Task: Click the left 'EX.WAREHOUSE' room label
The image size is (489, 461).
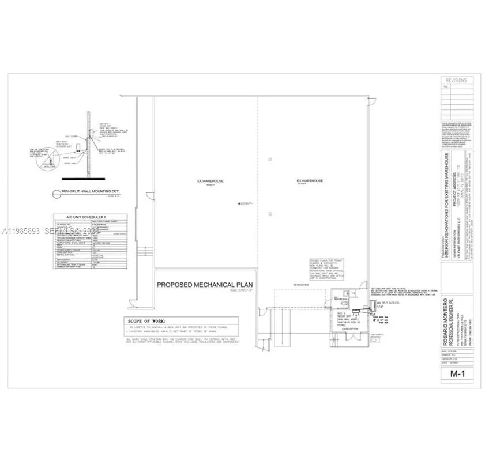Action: click(210, 181)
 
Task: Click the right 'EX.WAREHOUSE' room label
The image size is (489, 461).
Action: click(309, 181)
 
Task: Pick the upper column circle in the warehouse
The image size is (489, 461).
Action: click(270, 159)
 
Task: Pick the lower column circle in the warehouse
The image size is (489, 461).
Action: click(270, 214)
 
